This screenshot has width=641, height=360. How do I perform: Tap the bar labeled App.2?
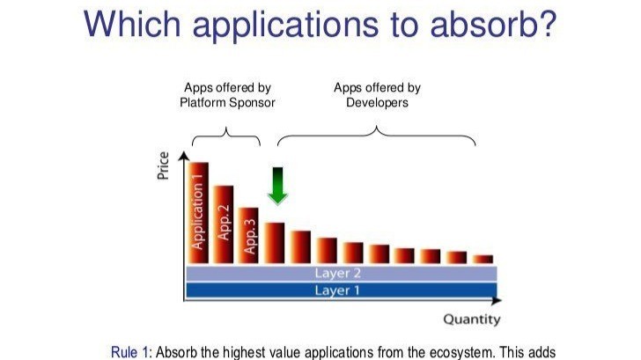click(224, 224)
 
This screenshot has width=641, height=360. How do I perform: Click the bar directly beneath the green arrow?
click(275, 243)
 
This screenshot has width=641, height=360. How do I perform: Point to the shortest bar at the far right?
click(483, 259)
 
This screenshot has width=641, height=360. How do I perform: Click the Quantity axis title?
click(471, 320)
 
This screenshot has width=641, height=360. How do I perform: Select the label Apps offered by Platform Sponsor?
click(227, 95)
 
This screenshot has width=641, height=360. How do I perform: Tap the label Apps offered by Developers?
click(377, 95)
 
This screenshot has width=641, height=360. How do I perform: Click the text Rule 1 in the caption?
click(129, 352)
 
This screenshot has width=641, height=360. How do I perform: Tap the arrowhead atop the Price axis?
click(184, 156)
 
